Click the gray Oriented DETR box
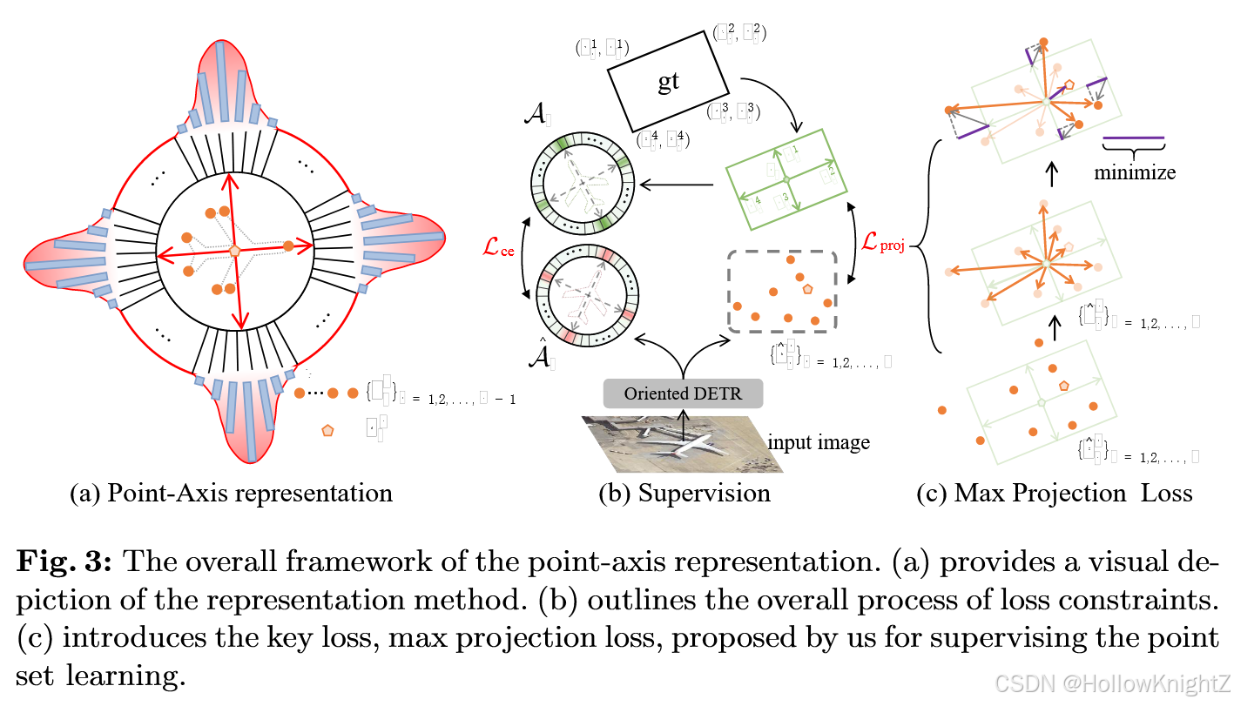click(x=683, y=393)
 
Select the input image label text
click(x=818, y=442)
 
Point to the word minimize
click(x=1134, y=171)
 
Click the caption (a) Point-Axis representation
click(x=231, y=494)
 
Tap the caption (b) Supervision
click(x=684, y=494)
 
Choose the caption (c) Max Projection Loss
click(x=1054, y=494)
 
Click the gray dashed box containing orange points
click(x=782, y=292)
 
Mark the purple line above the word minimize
click(x=1133, y=138)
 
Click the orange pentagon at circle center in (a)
click(x=234, y=250)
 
